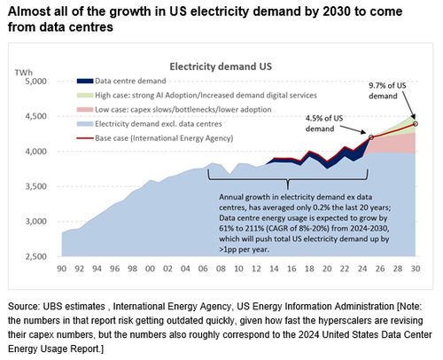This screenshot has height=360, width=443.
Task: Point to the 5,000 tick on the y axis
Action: tap(43, 82)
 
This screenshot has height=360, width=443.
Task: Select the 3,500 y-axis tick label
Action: tap(43, 187)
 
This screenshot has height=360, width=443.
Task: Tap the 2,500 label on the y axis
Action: tap(43, 257)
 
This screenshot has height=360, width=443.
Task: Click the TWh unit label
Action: tap(44, 67)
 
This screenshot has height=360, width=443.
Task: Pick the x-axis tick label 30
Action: tap(416, 267)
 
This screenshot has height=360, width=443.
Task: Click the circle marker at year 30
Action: tap(416, 123)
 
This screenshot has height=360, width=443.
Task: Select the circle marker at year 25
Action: tap(372, 137)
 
